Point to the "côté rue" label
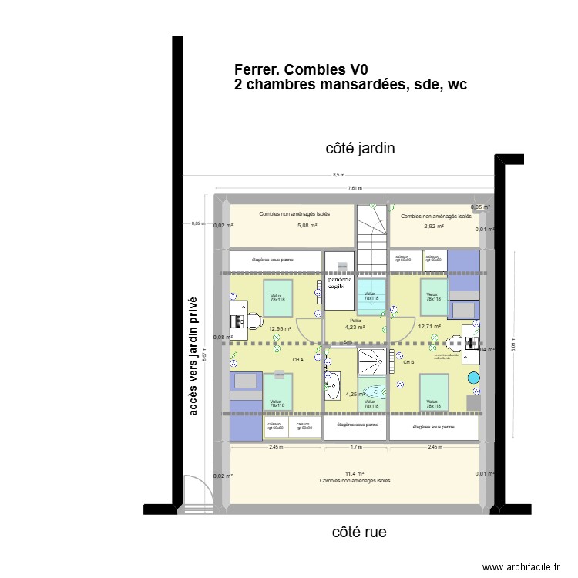point(359,532)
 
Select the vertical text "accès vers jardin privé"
point(193,356)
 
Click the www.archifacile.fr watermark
point(522,567)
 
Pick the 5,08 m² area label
point(307,226)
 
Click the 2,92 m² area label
point(434,227)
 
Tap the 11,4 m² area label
point(355,473)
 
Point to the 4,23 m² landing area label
point(355,327)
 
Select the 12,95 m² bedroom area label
point(280,328)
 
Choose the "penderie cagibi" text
point(340,282)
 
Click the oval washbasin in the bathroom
point(333,385)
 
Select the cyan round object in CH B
point(473,377)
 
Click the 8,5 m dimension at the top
point(338,176)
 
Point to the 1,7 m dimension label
point(355,447)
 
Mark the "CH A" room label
point(297,360)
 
